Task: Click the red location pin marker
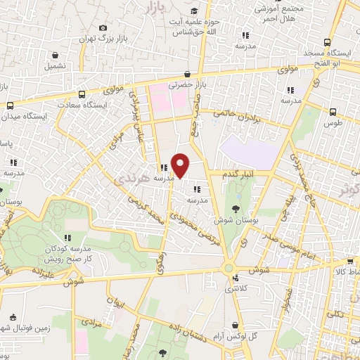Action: click(181, 165)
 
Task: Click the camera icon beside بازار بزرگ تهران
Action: click(104, 27)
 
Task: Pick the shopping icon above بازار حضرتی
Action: click(187, 74)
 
